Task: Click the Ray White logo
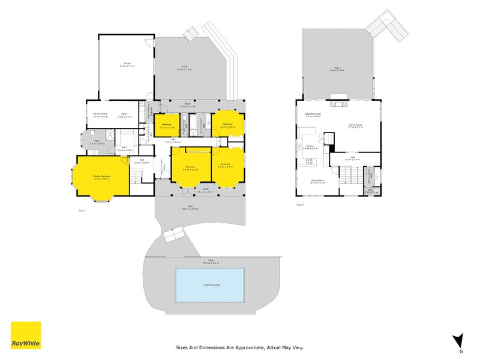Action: click(x=26, y=335)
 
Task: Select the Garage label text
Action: click(x=127, y=63)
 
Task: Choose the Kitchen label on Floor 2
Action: click(x=311, y=146)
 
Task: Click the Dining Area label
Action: click(x=317, y=180)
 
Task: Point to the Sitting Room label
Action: click(x=100, y=114)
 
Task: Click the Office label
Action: click(x=124, y=114)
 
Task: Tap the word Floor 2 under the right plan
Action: click(x=300, y=205)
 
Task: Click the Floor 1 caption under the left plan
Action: click(x=82, y=211)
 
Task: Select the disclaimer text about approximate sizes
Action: click(x=240, y=347)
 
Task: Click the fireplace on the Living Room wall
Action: click(x=339, y=102)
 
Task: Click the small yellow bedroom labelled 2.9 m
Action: click(x=167, y=125)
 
